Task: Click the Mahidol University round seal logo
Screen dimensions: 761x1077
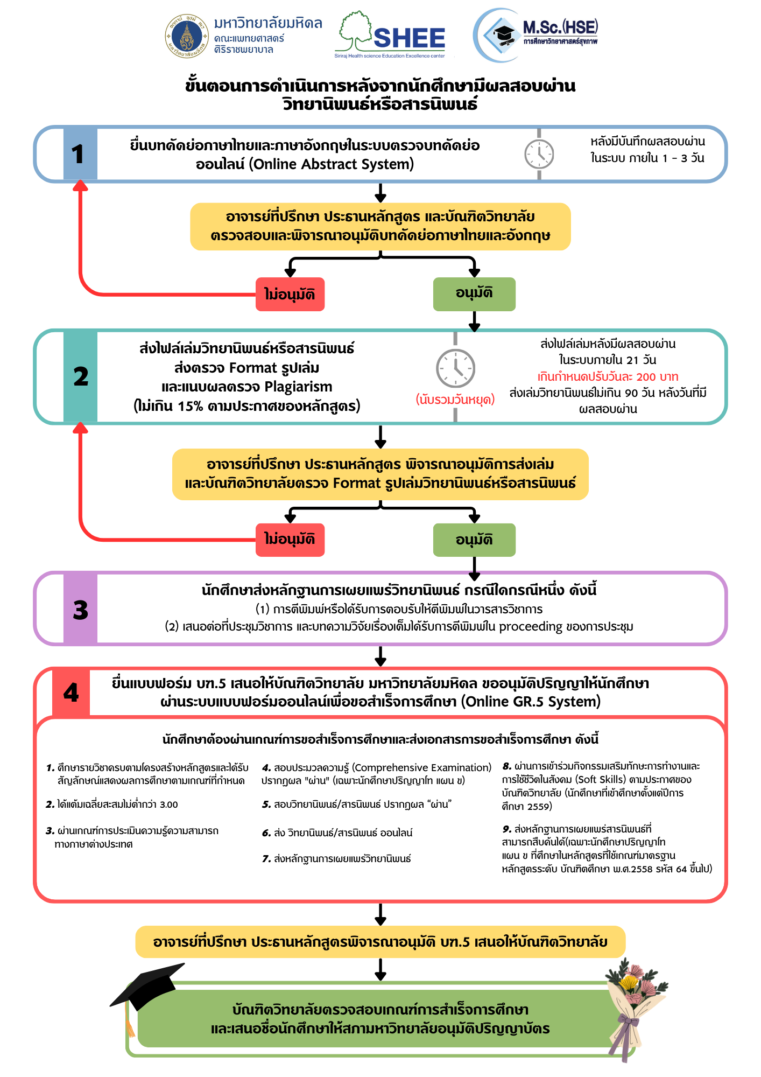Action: [x=187, y=36]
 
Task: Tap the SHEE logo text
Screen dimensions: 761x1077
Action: [x=409, y=38]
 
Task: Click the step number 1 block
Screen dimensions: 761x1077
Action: [x=80, y=154]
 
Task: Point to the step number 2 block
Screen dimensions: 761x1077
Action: [x=80, y=376]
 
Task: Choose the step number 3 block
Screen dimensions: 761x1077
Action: [x=80, y=609]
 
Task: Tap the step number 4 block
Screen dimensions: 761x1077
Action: [x=71, y=693]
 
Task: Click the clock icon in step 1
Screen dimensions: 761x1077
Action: [x=539, y=154]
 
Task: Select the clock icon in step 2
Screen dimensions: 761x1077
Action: [x=455, y=368]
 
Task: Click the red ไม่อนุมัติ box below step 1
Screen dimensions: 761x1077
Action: [x=290, y=294]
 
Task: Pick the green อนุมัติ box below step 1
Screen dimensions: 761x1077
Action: [x=474, y=294]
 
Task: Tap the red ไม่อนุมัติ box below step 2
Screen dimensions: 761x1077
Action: [x=290, y=540]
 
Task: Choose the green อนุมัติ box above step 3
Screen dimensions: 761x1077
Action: [x=474, y=540]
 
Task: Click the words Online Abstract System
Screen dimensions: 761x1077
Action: [x=332, y=164]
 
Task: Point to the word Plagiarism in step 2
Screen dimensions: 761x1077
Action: [x=299, y=387]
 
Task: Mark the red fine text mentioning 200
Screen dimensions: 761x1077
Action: [x=608, y=376]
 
